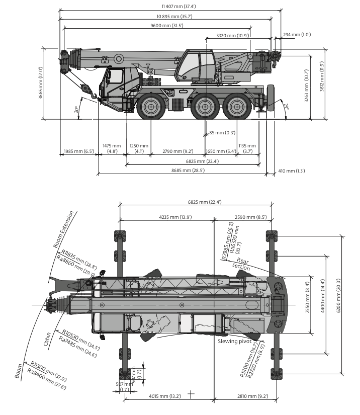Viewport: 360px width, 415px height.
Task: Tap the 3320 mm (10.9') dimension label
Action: (233, 35)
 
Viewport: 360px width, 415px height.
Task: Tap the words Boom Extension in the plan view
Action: (63, 229)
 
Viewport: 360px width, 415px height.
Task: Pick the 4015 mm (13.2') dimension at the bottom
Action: (165, 396)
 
